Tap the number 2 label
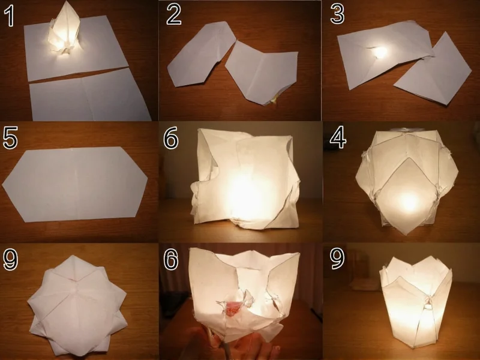tap(173, 16)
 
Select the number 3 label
tap(337, 16)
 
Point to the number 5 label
tap(10, 137)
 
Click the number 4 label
tap(337, 137)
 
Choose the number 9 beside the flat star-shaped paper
tap(10, 259)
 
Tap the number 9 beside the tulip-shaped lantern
tap(337, 259)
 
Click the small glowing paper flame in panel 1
tap(64, 33)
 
